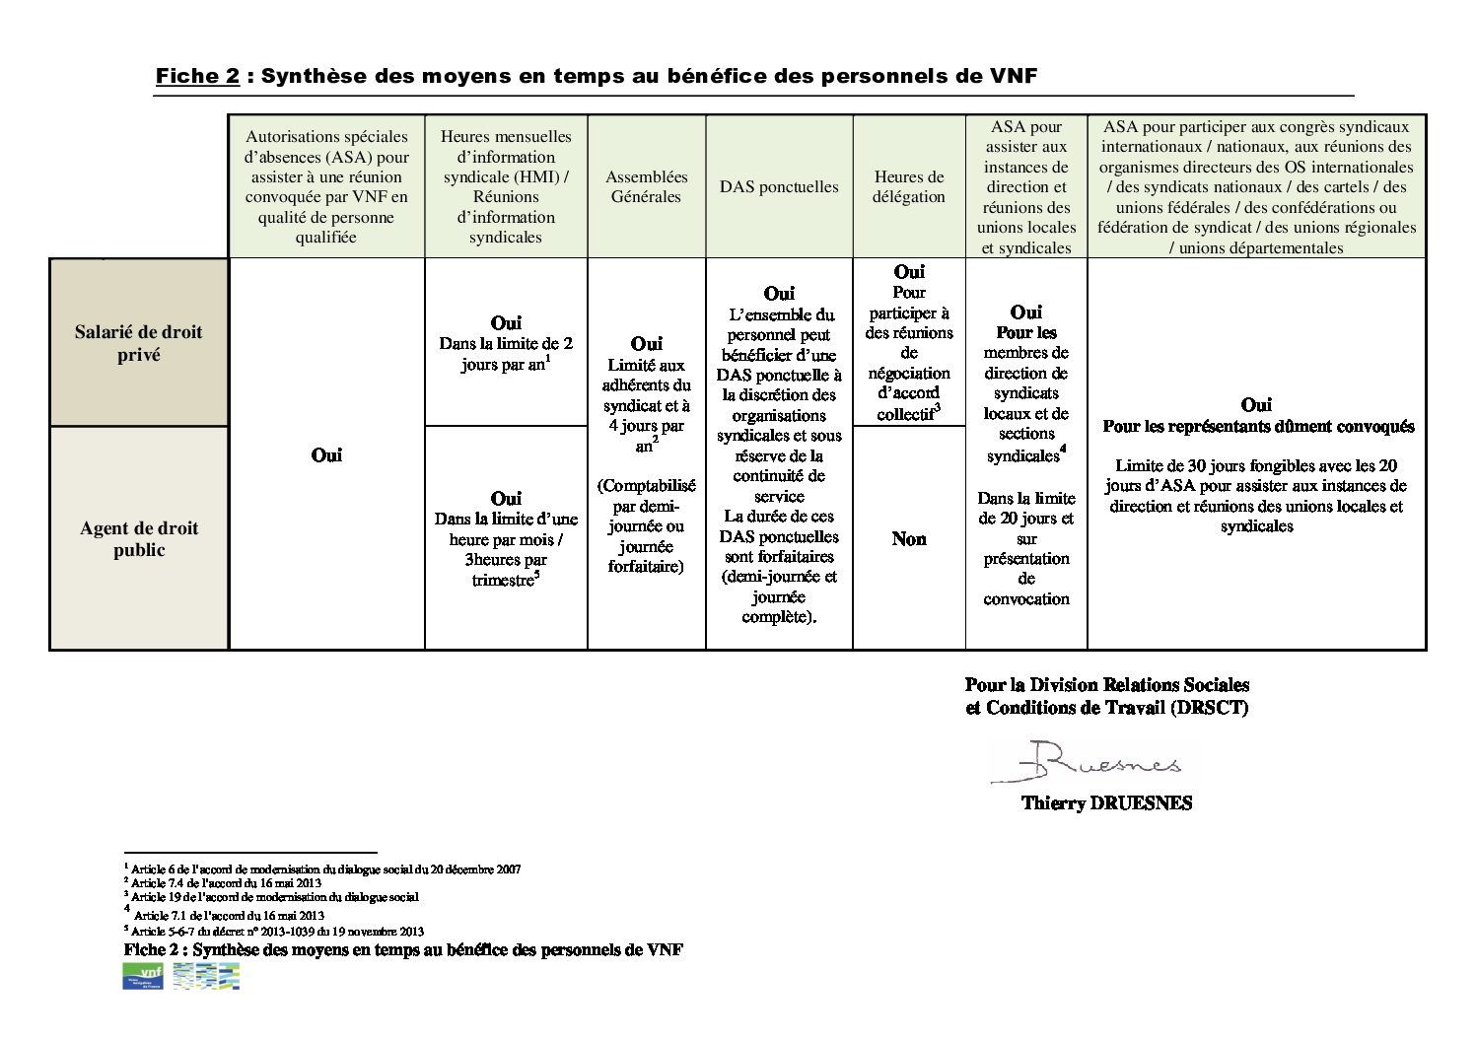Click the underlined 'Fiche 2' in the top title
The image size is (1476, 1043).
click(197, 77)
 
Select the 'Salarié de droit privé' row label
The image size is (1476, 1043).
click(138, 343)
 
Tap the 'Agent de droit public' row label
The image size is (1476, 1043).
click(138, 539)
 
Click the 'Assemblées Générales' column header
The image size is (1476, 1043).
click(646, 186)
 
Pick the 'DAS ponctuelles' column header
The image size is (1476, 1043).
click(779, 186)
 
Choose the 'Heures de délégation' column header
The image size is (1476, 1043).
click(908, 186)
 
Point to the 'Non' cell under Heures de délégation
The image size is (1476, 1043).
click(908, 539)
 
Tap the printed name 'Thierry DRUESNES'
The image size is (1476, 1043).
click(1106, 803)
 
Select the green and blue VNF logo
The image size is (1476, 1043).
click(142, 976)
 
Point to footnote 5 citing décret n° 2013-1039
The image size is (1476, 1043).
click(275, 931)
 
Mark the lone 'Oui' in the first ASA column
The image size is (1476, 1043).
click(326, 455)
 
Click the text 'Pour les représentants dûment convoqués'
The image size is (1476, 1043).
click(1258, 427)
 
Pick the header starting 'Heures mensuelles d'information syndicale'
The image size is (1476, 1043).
click(505, 186)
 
